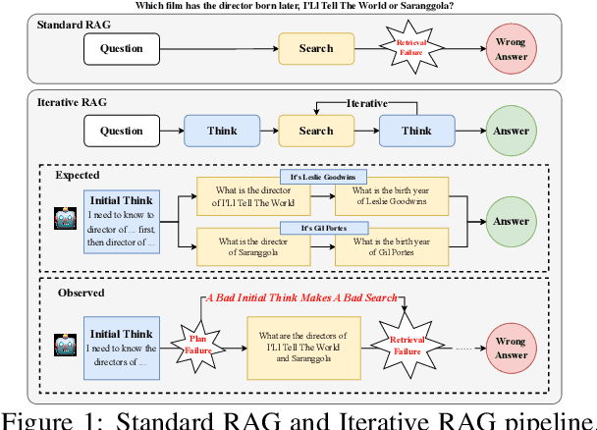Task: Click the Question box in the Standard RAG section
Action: tap(122, 47)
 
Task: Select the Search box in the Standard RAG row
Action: tap(315, 47)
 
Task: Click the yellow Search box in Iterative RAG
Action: tap(315, 131)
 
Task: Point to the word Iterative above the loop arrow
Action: tap(368, 103)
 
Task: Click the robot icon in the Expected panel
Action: tap(65, 218)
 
